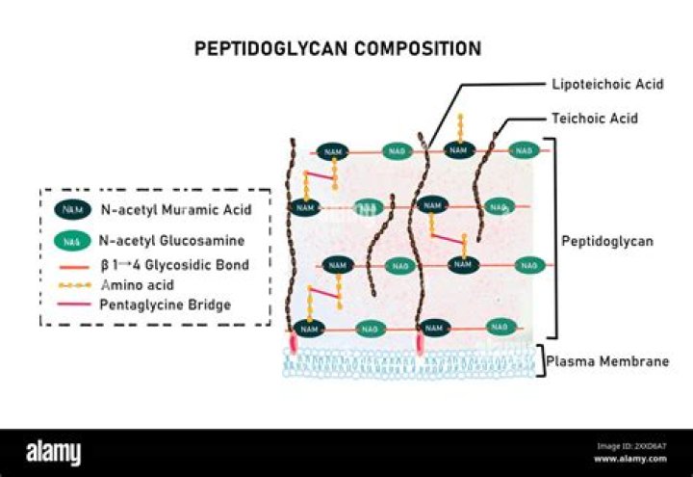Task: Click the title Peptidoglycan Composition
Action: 338,48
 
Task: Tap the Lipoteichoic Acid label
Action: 594,85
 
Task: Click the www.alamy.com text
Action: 630,459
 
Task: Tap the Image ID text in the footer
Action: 631,445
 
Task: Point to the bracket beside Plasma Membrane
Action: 540,360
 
